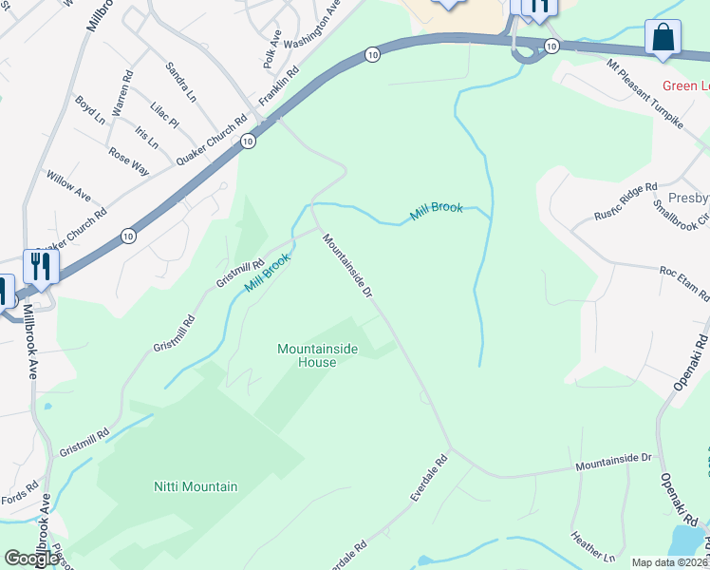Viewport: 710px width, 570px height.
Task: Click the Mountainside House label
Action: click(x=317, y=355)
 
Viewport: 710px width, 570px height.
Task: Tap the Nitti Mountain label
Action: click(x=196, y=486)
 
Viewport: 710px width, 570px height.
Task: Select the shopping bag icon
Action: click(x=663, y=38)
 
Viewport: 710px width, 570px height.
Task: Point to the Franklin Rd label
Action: click(x=280, y=85)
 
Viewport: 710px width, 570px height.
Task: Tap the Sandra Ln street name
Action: click(x=180, y=83)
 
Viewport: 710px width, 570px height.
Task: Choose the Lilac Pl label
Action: click(x=164, y=115)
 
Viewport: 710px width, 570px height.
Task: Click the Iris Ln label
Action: click(x=146, y=138)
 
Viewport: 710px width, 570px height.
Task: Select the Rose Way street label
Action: click(x=128, y=161)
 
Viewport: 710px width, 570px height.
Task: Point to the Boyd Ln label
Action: click(x=90, y=110)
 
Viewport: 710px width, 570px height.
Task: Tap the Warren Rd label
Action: click(x=121, y=93)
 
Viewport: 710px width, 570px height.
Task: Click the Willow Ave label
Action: click(x=68, y=186)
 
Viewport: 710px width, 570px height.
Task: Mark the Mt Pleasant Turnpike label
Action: click(x=645, y=97)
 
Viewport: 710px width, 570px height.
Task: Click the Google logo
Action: click(x=30, y=559)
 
